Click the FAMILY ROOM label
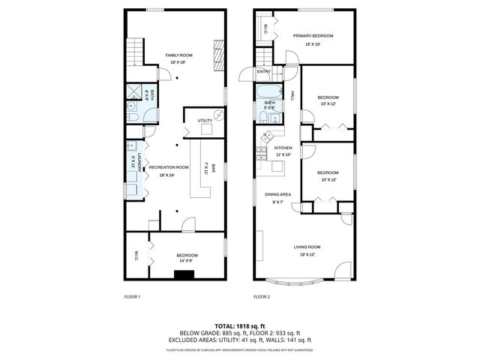click(x=179, y=55)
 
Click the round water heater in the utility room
click(x=218, y=115)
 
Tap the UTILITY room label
click(x=205, y=121)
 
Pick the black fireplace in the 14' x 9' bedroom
click(x=184, y=275)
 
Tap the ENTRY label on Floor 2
click(x=264, y=72)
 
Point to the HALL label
click(x=292, y=94)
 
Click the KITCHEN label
click(x=282, y=148)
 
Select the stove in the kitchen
click(x=262, y=154)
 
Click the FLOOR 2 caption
click(x=261, y=298)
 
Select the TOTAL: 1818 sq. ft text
click(x=239, y=326)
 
